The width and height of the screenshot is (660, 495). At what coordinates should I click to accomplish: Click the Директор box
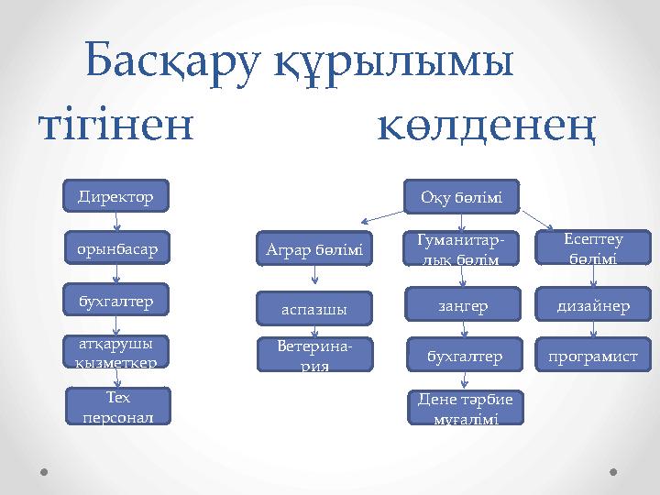point(115,196)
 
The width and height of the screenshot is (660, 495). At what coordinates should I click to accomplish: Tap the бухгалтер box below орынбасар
point(115,300)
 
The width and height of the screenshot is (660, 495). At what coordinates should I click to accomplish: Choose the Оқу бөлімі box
point(462,196)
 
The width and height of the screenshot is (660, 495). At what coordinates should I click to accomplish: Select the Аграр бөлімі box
point(314,249)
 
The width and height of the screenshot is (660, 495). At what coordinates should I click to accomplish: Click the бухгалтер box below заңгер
point(462,355)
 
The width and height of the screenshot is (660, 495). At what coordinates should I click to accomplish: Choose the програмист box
point(592,355)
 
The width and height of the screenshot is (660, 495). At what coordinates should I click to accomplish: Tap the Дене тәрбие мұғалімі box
point(462,408)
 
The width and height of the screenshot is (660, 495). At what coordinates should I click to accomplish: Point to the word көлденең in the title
point(487,128)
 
